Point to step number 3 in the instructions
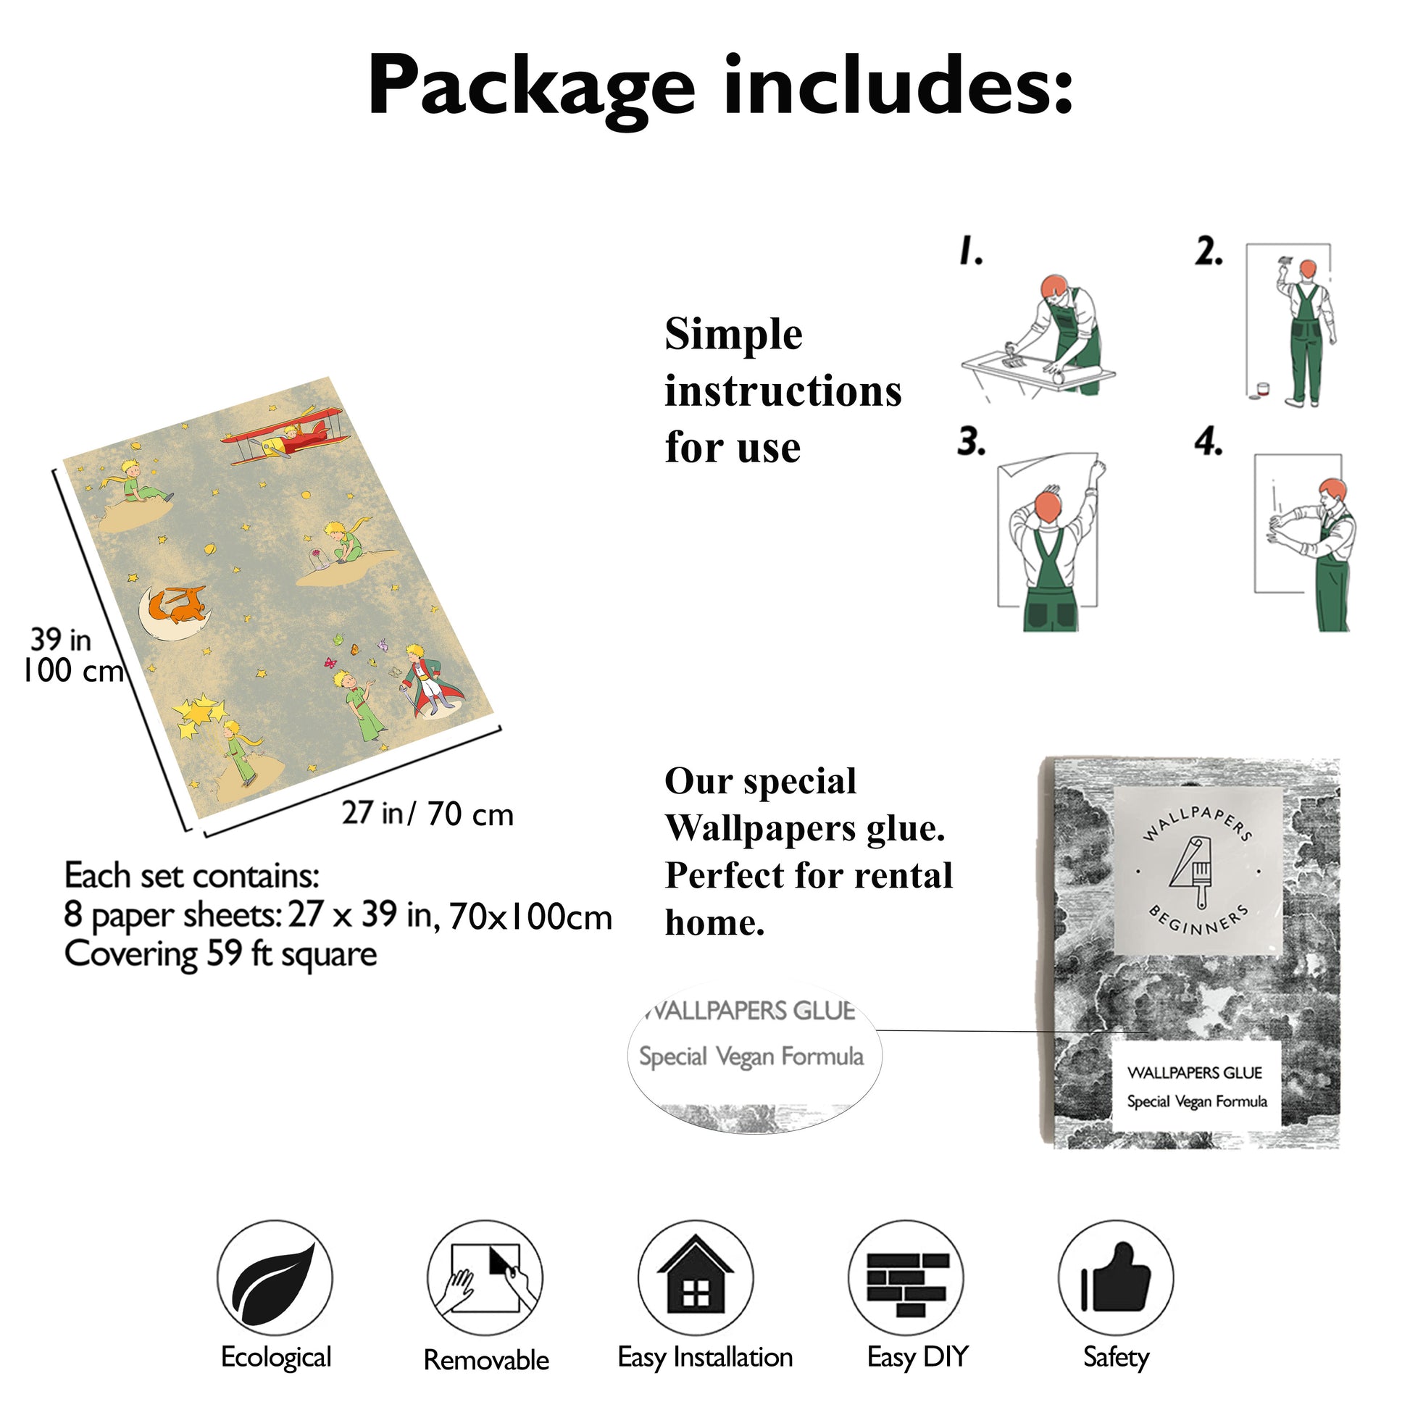(x=971, y=442)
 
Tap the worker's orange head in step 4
(x=1333, y=490)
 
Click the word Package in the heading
(x=530, y=86)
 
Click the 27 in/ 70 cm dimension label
(x=427, y=814)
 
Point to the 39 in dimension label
(x=61, y=640)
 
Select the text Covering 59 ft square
(x=220, y=954)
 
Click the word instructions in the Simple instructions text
(x=783, y=391)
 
